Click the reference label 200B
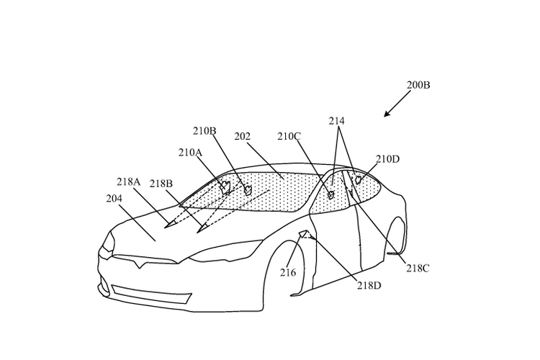tap(418, 85)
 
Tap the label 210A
tap(190, 152)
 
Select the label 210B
tap(204, 131)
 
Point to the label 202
tap(243, 136)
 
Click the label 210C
tap(289, 136)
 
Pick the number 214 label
tap(336, 121)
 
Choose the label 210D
tap(387, 159)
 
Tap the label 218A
tap(128, 181)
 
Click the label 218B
tap(161, 184)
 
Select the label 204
tap(114, 199)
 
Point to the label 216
tap(288, 273)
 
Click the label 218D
tap(369, 286)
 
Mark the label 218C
tap(418, 269)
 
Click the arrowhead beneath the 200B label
tap(387, 114)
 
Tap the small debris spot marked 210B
tap(247, 189)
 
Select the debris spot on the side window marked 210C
tap(331, 195)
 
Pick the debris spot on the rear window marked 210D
tap(359, 179)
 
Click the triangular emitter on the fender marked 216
tap(302, 234)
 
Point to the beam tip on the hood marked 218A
tap(168, 225)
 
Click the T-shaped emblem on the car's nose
tap(140, 264)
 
